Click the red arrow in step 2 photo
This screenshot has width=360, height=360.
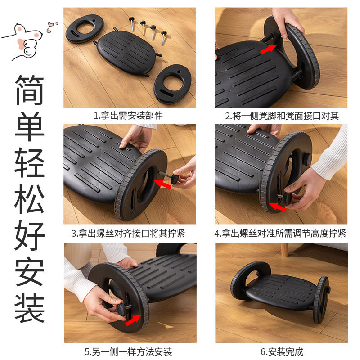click(269, 49)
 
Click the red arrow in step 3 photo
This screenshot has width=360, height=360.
click(162, 184)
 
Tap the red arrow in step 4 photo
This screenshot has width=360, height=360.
click(278, 207)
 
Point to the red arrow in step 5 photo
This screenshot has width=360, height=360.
click(134, 320)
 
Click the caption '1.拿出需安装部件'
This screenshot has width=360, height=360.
click(128, 116)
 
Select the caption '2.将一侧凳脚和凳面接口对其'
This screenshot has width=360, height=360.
click(282, 116)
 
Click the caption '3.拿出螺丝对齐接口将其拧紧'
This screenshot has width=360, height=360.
click(128, 234)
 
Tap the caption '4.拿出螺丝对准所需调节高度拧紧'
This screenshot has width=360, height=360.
click(280, 234)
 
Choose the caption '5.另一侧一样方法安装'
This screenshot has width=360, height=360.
click(128, 351)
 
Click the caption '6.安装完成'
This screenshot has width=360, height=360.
click(282, 351)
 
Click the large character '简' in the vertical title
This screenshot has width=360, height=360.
click(29, 90)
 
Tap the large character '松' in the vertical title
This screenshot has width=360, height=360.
click(29, 199)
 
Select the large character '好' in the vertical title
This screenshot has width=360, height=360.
click(29, 235)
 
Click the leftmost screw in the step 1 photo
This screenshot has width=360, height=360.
click(132, 23)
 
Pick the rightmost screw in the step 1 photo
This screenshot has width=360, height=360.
click(164, 37)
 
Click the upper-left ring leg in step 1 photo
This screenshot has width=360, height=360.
click(85, 28)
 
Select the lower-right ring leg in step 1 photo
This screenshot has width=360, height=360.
click(173, 84)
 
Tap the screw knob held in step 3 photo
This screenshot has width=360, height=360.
click(176, 179)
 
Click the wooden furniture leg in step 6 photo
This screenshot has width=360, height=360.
click(284, 250)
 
